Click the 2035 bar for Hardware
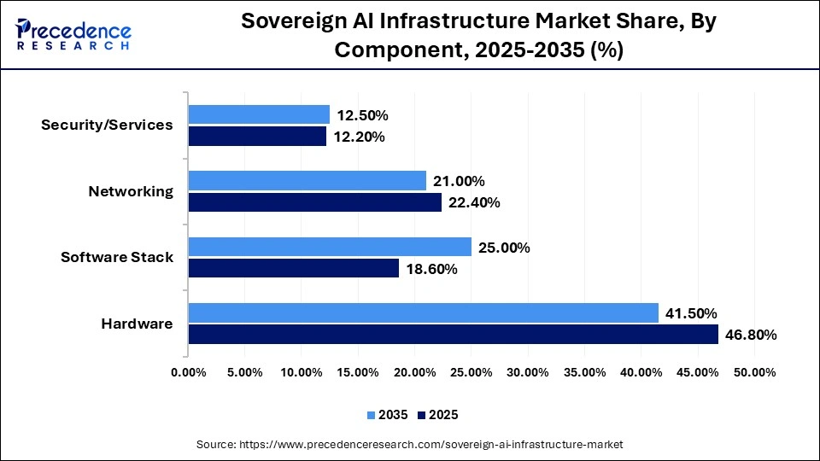(423, 313)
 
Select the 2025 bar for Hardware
(453, 335)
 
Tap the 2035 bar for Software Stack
(330, 248)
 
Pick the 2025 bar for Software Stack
(293, 269)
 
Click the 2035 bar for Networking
(307, 181)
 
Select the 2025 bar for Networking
(315, 202)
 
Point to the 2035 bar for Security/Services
(259, 114)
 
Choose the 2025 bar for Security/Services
(257, 136)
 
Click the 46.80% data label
(751, 335)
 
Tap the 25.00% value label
(504, 248)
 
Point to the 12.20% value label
(359, 136)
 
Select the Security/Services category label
(107, 125)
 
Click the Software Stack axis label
(117, 257)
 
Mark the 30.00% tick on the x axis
(528, 372)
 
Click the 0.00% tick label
(189, 372)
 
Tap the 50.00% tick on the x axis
(754, 372)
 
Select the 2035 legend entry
(388, 415)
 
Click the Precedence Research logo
(73, 34)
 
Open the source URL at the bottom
(410, 444)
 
